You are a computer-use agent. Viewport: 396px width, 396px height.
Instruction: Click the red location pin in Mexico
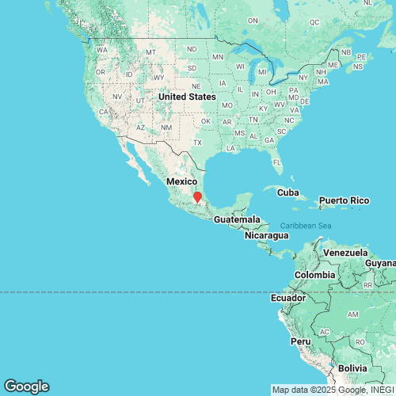[x=198, y=196]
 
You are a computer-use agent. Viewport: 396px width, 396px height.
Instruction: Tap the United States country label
[x=186, y=97]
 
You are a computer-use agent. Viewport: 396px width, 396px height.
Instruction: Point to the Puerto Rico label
[x=345, y=201]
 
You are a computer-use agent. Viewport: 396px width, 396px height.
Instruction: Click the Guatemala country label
[x=237, y=219]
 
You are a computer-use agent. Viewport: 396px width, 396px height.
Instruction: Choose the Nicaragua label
[x=250, y=235]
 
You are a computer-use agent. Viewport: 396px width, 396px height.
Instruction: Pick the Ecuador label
[x=287, y=298]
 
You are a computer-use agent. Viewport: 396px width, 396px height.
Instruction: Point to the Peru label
[x=300, y=341]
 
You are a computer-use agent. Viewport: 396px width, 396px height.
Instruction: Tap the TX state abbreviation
[x=198, y=143]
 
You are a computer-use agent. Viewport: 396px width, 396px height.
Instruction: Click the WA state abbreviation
[x=101, y=50]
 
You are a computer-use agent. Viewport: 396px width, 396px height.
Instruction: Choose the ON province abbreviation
[x=253, y=20]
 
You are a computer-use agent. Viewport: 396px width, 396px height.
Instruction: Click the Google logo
[x=25, y=386]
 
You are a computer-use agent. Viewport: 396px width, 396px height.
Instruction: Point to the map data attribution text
[x=333, y=390]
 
